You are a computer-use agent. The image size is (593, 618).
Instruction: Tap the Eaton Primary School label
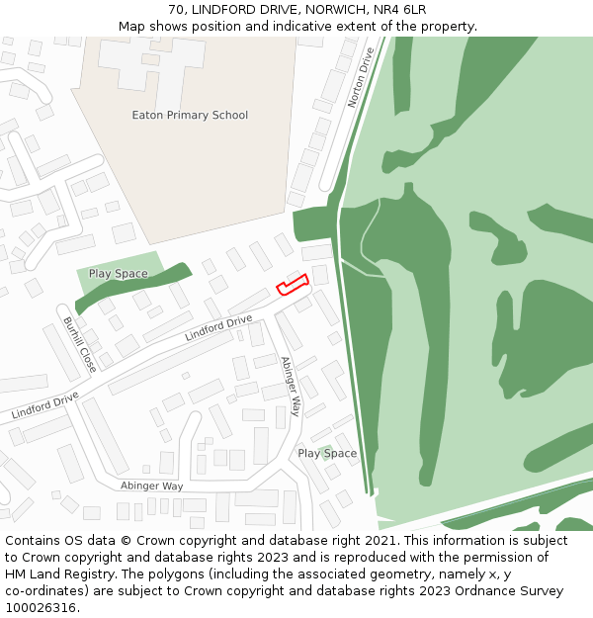(190, 115)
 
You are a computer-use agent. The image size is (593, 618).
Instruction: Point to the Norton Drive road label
(362, 77)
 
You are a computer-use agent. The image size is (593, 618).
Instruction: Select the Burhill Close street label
(79, 344)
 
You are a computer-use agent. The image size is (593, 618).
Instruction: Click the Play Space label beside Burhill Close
(118, 274)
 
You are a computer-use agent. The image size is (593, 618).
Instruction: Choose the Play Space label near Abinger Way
(327, 453)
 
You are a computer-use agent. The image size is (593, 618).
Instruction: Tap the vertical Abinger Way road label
(291, 386)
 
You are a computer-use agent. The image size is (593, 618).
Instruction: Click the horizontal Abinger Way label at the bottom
(152, 486)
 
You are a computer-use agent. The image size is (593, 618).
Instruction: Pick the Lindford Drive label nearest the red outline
(218, 328)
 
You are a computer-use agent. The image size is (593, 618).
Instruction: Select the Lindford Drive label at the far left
(45, 404)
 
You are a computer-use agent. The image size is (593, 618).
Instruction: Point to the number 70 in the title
(176, 10)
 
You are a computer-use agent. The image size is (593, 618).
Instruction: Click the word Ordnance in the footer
(467, 591)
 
